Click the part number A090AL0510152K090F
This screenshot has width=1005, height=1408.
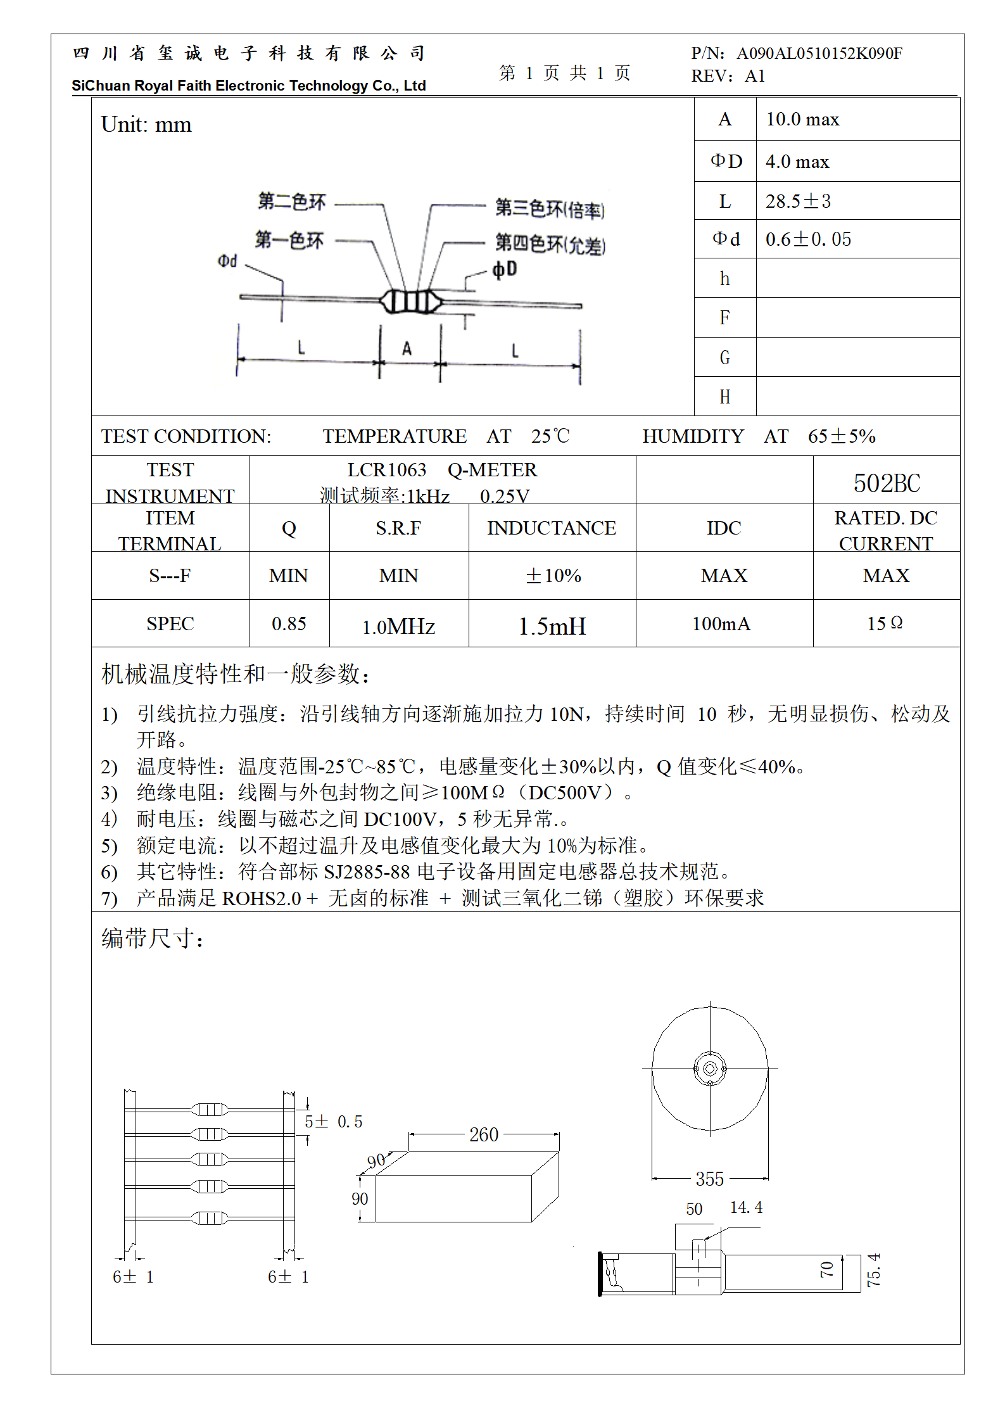click(819, 53)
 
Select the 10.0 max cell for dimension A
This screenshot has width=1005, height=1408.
click(802, 120)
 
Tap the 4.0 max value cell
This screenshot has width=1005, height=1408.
click(797, 162)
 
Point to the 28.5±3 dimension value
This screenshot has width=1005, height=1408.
click(798, 201)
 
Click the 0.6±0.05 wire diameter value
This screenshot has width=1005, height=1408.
click(808, 239)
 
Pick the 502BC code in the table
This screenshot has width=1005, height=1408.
click(887, 483)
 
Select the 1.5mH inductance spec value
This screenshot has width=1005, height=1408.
click(552, 626)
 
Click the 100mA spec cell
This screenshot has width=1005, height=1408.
click(721, 624)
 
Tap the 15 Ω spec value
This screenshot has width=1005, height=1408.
click(885, 624)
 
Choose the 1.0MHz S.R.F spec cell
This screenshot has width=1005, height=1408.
click(398, 626)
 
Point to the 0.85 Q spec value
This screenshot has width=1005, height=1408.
click(289, 624)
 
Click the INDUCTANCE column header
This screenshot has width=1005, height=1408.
click(552, 528)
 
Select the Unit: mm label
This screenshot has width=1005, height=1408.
click(146, 125)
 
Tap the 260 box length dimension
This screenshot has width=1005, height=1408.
click(484, 1134)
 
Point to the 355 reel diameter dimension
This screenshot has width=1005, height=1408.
click(709, 1179)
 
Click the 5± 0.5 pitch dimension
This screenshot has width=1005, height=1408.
click(333, 1122)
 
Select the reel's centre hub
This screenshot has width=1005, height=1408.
click(710, 1069)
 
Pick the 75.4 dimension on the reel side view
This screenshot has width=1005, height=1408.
click(874, 1269)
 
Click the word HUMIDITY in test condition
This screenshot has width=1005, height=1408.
click(693, 436)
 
